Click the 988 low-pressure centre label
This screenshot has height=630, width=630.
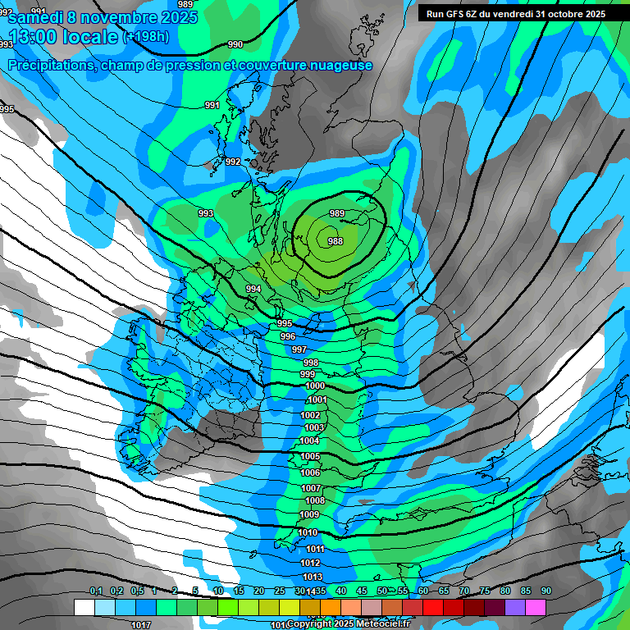click(335, 241)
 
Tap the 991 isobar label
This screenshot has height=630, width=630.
click(212, 105)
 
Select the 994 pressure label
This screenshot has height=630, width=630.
click(253, 289)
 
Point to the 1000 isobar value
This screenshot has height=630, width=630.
click(314, 386)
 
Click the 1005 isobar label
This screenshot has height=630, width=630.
click(310, 456)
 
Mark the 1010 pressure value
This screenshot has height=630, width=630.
click(308, 532)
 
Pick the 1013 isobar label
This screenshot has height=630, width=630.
click(311, 577)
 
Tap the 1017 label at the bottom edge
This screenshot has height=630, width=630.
click(140, 624)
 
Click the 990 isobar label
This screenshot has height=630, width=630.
click(235, 44)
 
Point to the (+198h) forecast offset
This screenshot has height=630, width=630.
click(146, 37)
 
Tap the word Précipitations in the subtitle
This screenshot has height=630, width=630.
click(51, 65)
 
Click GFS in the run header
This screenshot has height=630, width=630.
click(456, 14)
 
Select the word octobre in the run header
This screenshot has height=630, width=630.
click(561, 14)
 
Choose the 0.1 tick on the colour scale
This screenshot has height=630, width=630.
click(95, 591)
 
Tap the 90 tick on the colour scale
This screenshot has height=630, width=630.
click(546, 591)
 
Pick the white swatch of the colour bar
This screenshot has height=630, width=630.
click(84, 607)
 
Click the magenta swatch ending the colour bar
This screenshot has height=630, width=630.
click(536, 607)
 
